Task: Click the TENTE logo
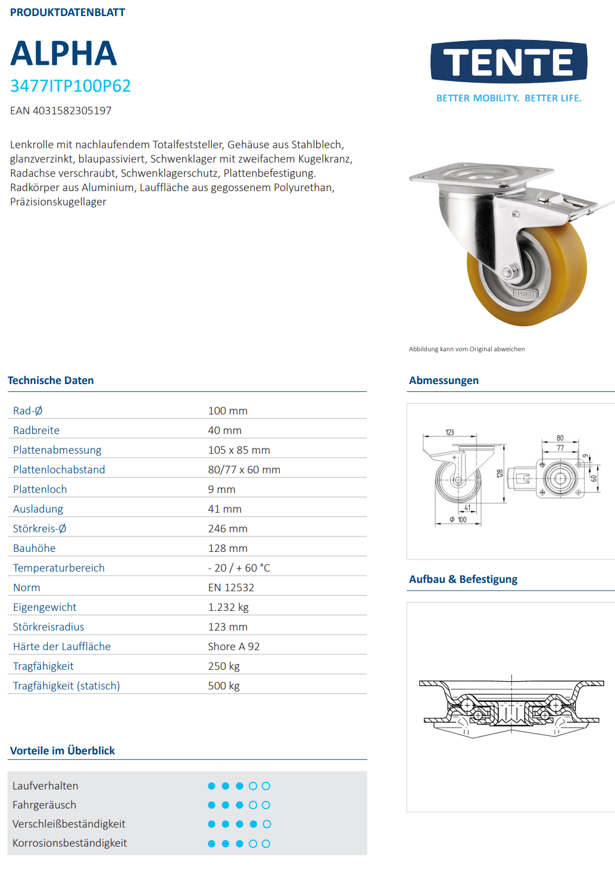[509, 62]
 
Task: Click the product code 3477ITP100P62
[70, 86]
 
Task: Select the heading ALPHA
[64, 54]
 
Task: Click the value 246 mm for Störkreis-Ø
[227, 529]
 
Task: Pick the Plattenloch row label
[40, 489]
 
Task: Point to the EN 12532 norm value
[231, 588]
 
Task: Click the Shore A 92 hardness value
[233, 647]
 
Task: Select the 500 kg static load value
[224, 686]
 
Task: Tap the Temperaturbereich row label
[58, 568]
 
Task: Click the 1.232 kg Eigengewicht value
[228, 607]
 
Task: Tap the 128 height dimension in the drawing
[500, 473]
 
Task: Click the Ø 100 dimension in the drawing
[458, 520]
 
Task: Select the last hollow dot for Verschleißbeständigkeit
[267, 824]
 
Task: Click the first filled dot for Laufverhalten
[211, 786]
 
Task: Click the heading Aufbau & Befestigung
[463, 579]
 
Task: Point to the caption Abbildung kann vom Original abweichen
[466, 349]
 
